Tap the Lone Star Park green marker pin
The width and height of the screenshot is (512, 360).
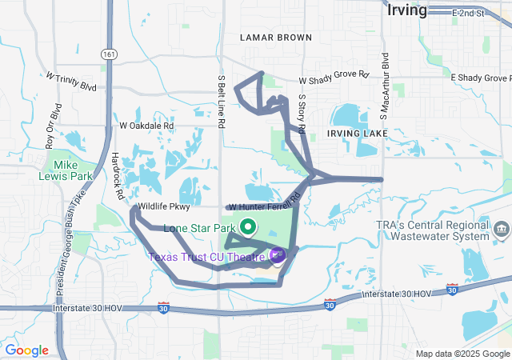[x=248, y=227]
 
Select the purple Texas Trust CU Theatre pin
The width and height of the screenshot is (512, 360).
[x=277, y=256]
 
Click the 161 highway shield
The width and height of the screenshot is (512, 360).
[x=107, y=53]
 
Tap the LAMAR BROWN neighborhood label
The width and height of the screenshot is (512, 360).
[x=276, y=38]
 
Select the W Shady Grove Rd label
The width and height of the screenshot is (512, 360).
[x=334, y=80]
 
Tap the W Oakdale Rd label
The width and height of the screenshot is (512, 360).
[x=146, y=126]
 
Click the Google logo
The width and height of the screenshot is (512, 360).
[x=26, y=350]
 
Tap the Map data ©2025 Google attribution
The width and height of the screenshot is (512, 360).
[x=462, y=354]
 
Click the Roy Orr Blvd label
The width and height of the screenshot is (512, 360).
[x=53, y=126]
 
